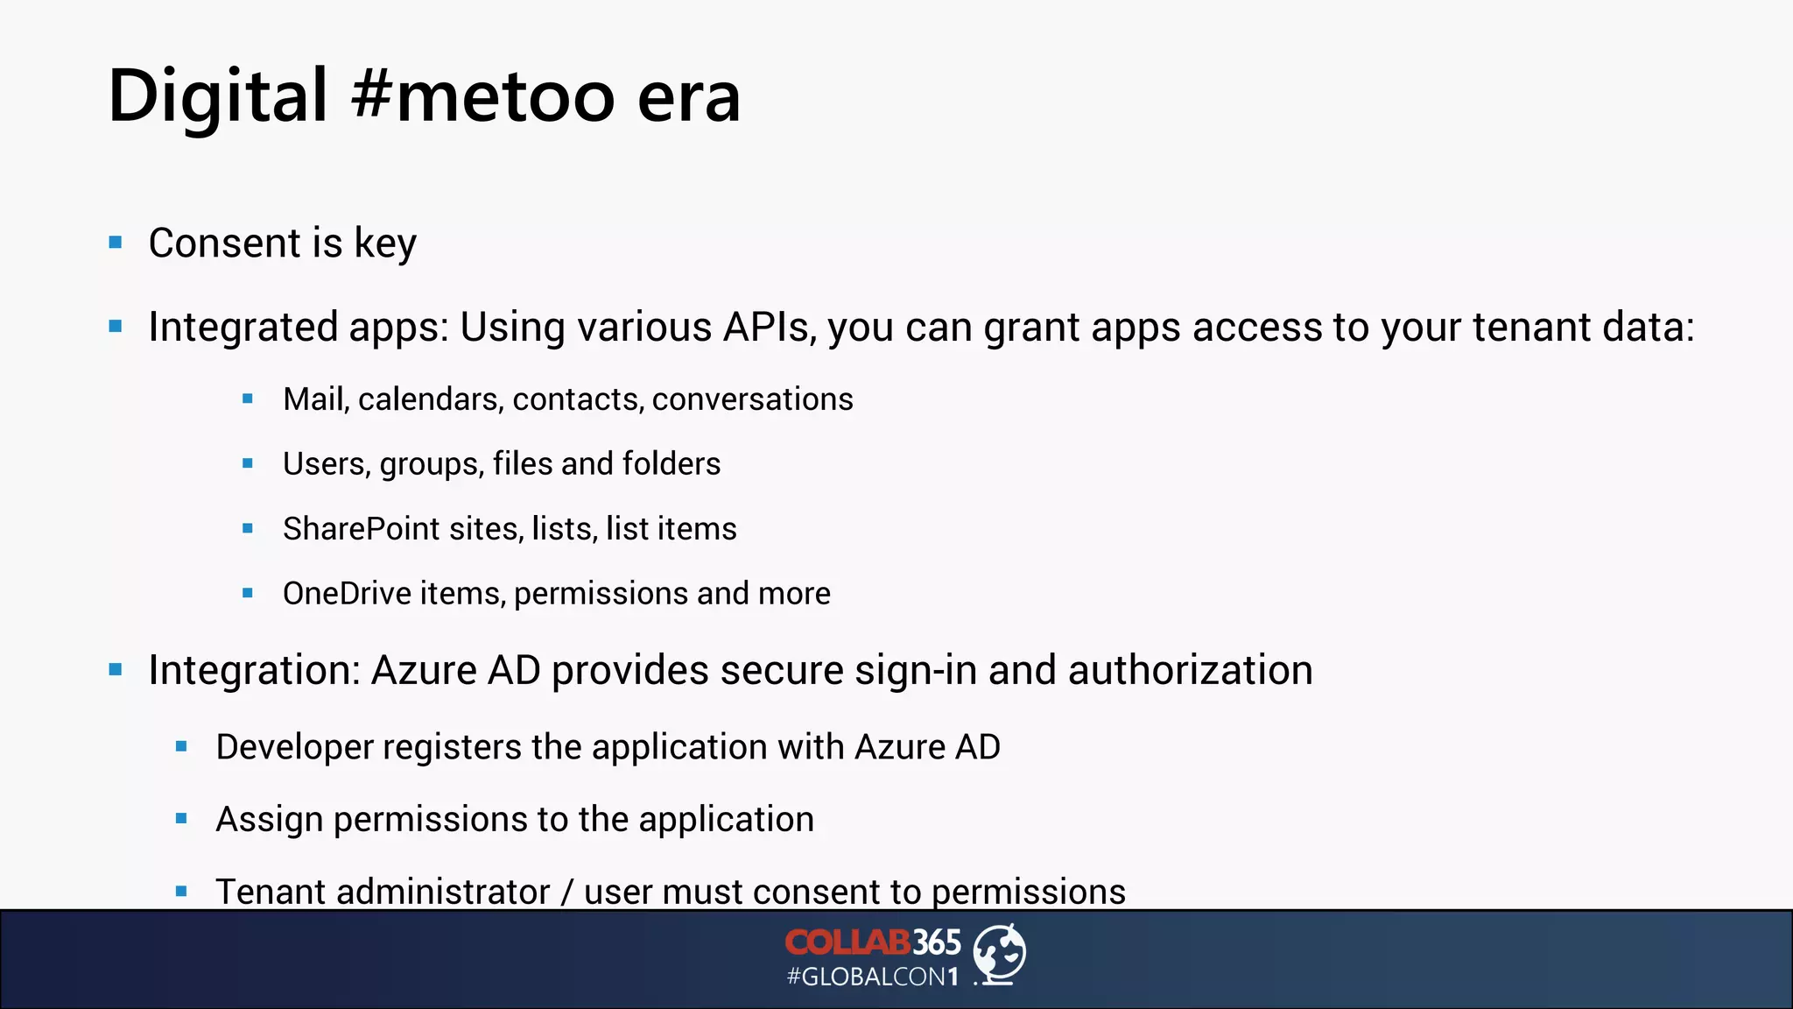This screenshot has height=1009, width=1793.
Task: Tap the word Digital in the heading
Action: coord(217,96)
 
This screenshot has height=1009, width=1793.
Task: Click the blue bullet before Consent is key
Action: coord(116,243)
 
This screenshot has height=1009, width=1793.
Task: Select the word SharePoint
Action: coord(361,529)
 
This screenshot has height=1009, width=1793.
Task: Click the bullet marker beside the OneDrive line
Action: coord(248,594)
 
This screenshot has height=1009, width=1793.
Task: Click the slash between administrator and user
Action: coord(567,893)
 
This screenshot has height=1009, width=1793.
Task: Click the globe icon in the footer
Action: coord(999,954)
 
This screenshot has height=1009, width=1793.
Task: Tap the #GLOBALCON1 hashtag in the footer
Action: coord(873,977)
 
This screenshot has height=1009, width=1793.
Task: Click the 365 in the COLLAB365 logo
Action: coord(937,942)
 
